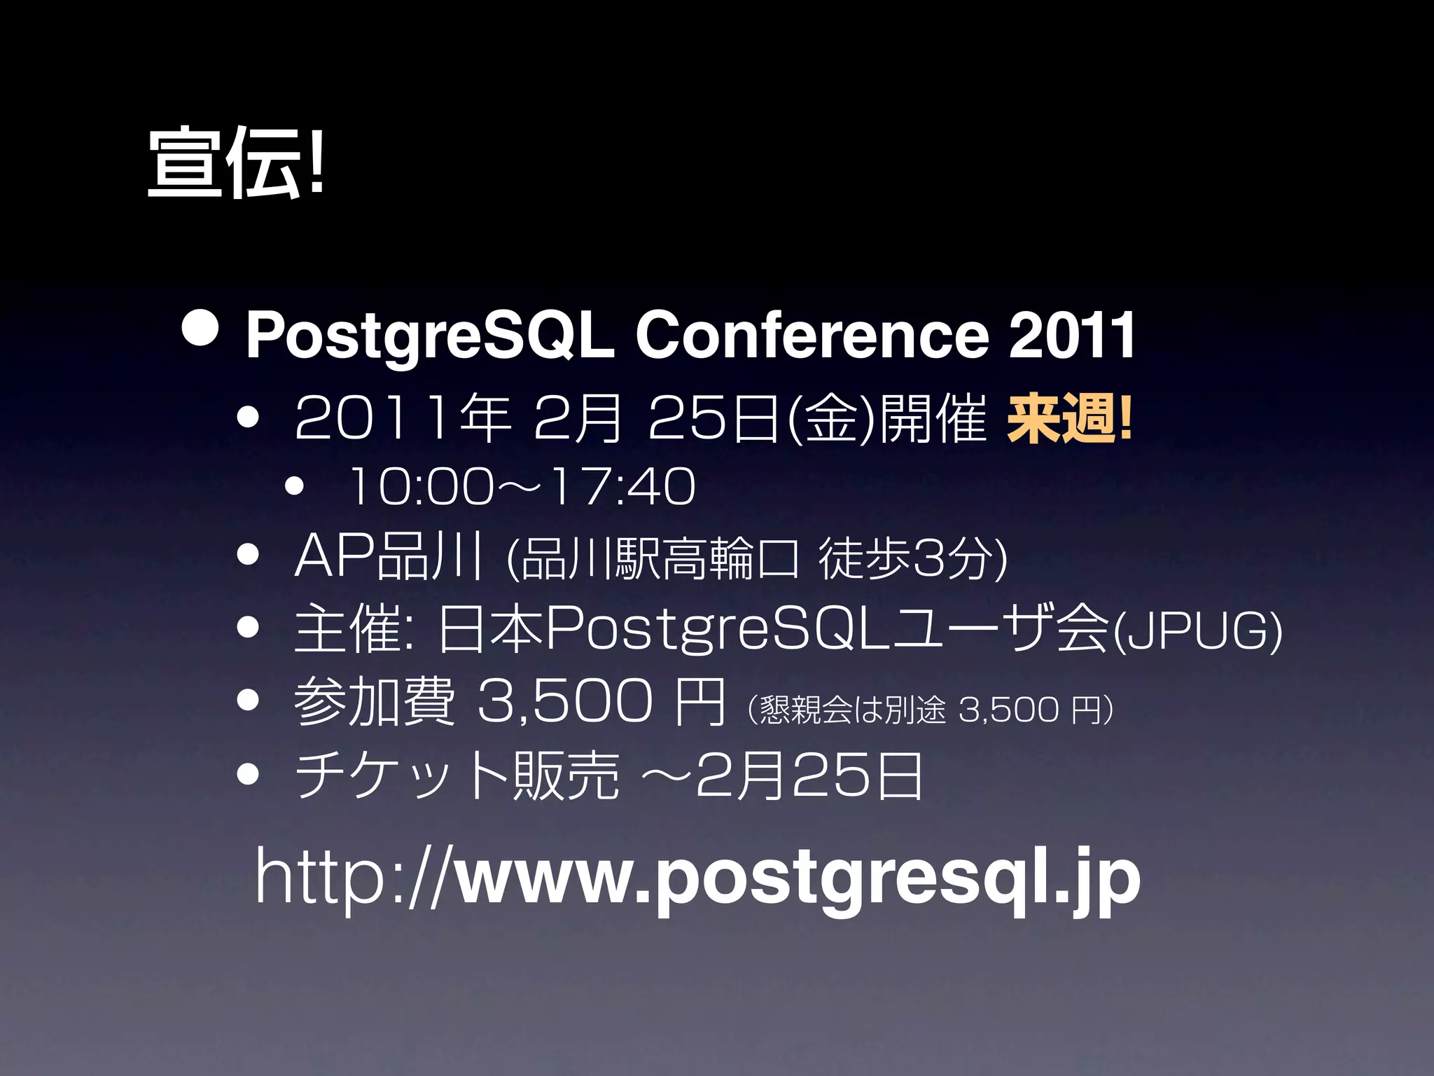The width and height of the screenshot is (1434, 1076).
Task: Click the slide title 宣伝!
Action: (x=236, y=163)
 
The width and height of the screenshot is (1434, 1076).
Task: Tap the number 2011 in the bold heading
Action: (x=1071, y=336)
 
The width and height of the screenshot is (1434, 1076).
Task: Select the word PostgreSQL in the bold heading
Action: (x=429, y=336)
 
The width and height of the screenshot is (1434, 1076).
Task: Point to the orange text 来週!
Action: (x=1068, y=419)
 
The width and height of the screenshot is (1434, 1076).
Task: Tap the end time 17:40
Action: (x=623, y=486)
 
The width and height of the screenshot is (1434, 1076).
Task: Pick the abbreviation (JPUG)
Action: (x=1197, y=630)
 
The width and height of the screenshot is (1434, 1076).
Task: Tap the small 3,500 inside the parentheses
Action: (x=1008, y=709)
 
